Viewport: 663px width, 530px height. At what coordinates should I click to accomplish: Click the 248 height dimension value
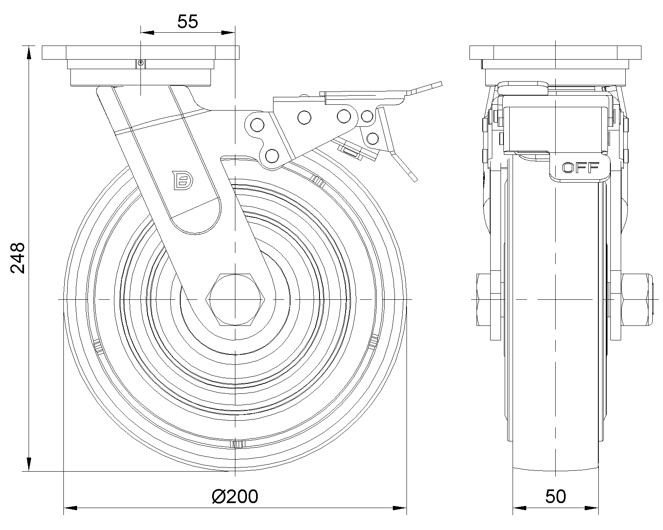(x=17, y=258)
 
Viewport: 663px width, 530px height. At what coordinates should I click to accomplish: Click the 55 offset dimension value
(x=187, y=22)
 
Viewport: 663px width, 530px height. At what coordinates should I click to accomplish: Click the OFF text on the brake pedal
(x=580, y=168)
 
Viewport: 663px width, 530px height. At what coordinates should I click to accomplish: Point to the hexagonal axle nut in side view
(x=235, y=299)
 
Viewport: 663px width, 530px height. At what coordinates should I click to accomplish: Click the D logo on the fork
(x=184, y=180)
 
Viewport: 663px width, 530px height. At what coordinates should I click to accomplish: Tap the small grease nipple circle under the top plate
(x=141, y=63)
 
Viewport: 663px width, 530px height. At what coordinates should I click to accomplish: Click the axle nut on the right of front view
(x=636, y=299)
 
